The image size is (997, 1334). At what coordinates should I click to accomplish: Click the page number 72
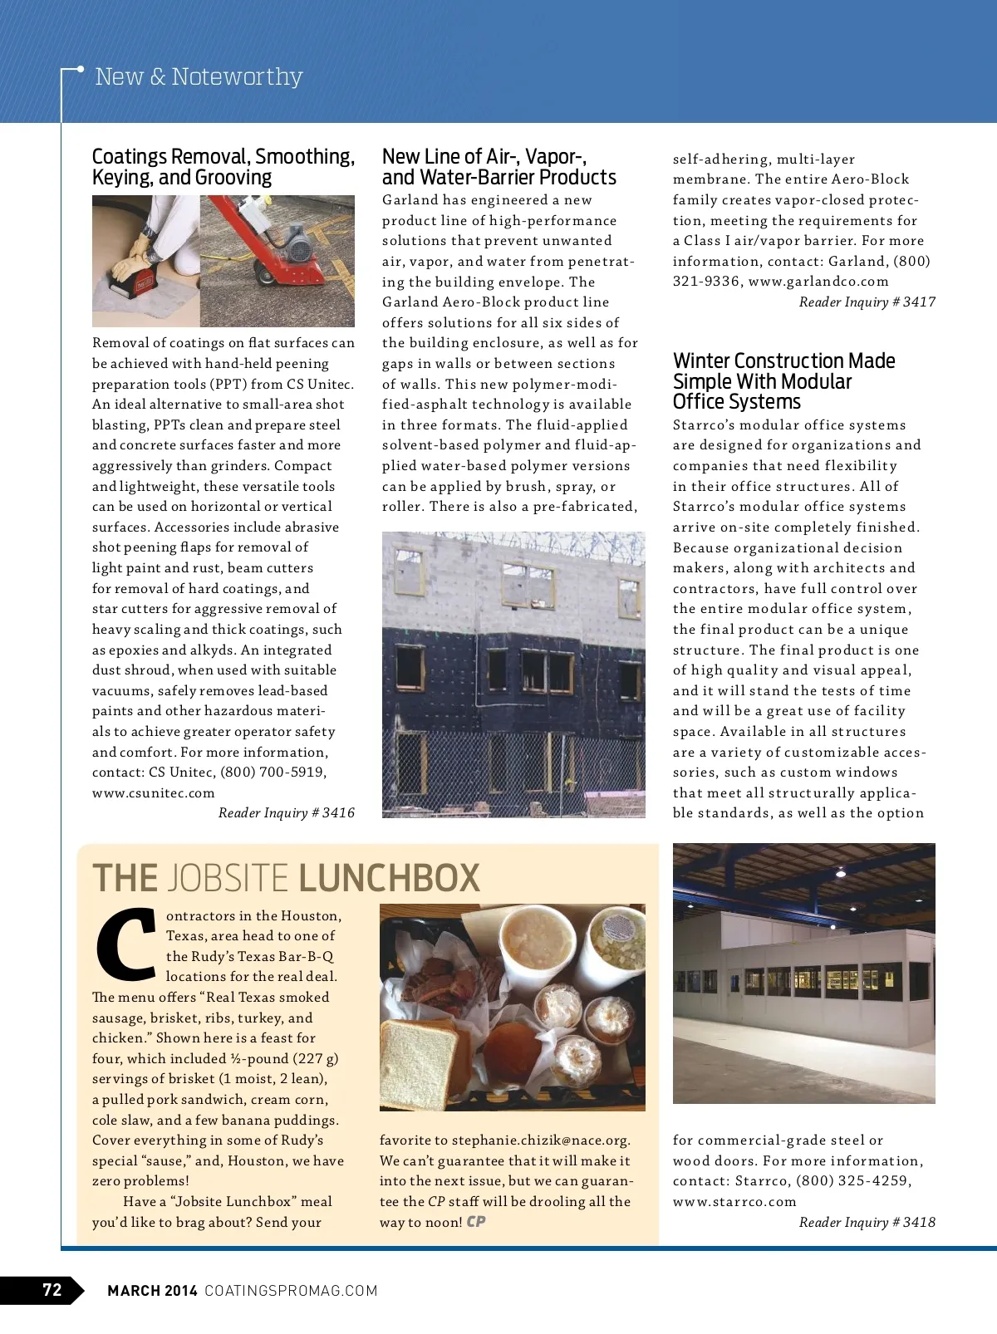(x=52, y=1289)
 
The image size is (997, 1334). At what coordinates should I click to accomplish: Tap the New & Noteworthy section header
(x=199, y=76)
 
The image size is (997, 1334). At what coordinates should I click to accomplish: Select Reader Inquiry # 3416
(x=286, y=812)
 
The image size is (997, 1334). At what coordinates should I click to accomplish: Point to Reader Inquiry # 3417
(x=867, y=302)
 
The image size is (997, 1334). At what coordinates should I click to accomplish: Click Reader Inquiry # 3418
(x=867, y=1222)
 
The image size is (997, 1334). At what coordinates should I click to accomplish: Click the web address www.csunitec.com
(x=154, y=792)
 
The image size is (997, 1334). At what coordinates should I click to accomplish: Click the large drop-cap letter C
(x=126, y=943)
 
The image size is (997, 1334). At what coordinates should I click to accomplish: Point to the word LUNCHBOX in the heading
(x=389, y=878)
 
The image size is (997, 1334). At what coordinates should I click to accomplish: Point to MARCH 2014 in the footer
(x=152, y=1290)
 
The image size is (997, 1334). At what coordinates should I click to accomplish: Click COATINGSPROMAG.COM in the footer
(x=291, y=1290)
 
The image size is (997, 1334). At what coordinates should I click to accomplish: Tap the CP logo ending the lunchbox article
(x=476, y=1221)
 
